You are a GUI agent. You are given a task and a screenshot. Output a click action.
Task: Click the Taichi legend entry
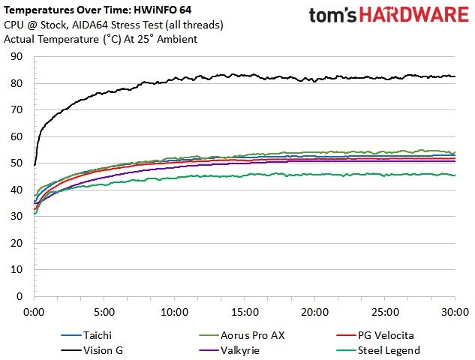coord(86,335)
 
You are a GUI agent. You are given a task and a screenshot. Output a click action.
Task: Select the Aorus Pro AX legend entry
coord(242,335)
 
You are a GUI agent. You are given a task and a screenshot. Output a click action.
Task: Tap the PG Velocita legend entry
coord(375,335)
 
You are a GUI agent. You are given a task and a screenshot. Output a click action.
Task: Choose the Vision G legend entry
coord(92,350)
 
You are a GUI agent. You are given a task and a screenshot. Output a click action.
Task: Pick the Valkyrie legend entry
coord(230,350)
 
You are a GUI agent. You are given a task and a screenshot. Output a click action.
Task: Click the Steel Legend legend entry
coord(378,350)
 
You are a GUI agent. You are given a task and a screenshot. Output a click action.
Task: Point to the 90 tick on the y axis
coord(17,56)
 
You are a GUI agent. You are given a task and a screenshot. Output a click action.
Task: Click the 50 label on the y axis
coord(17,163)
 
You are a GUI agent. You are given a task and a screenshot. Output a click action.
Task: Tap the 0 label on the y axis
coord(20,296)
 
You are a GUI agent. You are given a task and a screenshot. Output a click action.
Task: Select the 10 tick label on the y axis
coord(17,269)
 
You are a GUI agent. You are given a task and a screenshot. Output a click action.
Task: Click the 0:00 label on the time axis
coord(34,312)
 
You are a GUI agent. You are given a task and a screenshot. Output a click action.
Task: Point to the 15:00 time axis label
coord(245,312)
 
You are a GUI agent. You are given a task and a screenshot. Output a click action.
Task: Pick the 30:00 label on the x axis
coord(455,312)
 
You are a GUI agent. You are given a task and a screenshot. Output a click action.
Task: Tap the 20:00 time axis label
coord(314,312)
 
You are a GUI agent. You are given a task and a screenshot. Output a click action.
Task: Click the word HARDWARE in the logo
coord(414,15)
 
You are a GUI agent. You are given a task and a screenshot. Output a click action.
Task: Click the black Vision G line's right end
coord(455,76)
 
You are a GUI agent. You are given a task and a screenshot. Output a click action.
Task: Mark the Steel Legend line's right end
coord(455,175)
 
